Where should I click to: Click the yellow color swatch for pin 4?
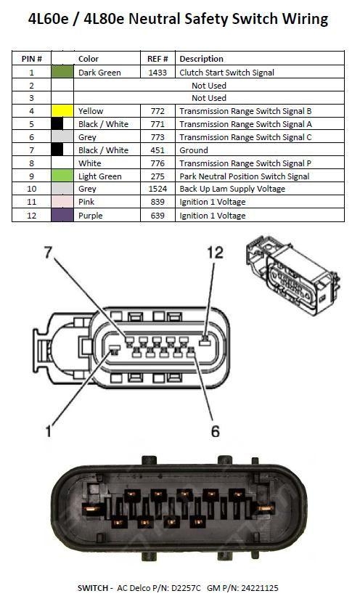[63, 111]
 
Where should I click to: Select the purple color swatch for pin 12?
[63, 216]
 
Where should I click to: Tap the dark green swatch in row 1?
[63, 73]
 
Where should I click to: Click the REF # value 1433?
[157, 73]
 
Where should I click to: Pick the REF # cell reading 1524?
[157, 189]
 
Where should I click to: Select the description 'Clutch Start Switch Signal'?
[226, 73]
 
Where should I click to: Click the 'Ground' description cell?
[194, 150]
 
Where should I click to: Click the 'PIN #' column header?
[31, 59]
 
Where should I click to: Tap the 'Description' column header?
[201, 59]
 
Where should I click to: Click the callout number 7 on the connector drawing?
[49, 253]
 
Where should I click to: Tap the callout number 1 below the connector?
[49, 432]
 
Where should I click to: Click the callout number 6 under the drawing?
[215, 431]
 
